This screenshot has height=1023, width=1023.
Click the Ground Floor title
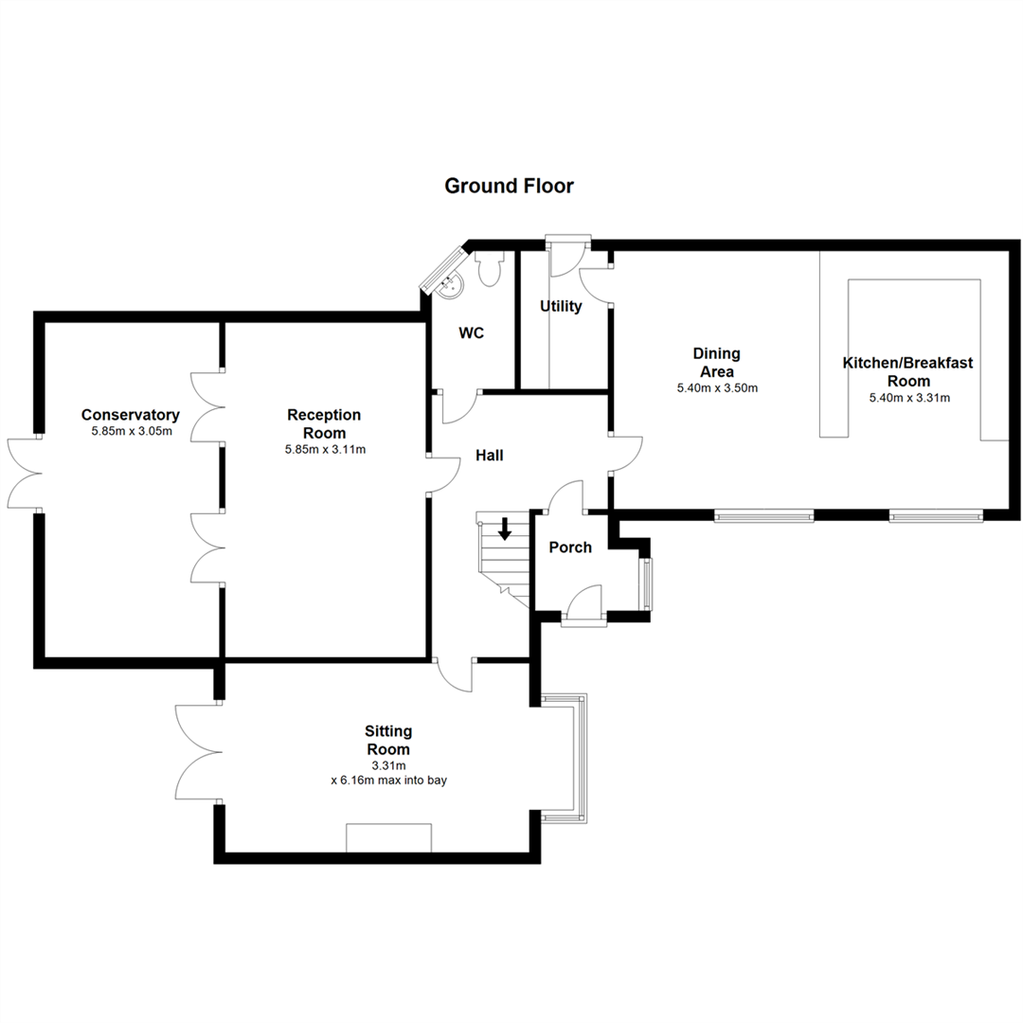[509, 186]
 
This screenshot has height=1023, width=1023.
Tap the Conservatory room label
[130, 415]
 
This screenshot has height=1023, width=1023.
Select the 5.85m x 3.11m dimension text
[325, 450]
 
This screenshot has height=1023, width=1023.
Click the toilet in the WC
[490, 270]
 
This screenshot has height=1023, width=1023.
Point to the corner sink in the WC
[448, 279]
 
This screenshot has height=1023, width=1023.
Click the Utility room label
[561, 306]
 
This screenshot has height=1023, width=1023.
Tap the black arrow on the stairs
[505, 529]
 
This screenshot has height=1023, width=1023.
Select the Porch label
[570, 547]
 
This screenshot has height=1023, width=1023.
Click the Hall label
[489, 456]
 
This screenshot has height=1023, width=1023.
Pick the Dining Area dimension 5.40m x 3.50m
[716, 388]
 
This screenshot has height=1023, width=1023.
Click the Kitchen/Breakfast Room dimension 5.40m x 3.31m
[908, 398]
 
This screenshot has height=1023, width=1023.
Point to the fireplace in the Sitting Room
[388, 837]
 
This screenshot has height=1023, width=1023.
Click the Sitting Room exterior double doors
[196, 754]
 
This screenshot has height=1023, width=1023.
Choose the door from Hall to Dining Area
[626, 454]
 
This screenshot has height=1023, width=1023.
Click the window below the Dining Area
[763, 516]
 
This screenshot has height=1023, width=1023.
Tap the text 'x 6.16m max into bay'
[388, 781]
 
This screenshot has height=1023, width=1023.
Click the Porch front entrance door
[584, 606]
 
